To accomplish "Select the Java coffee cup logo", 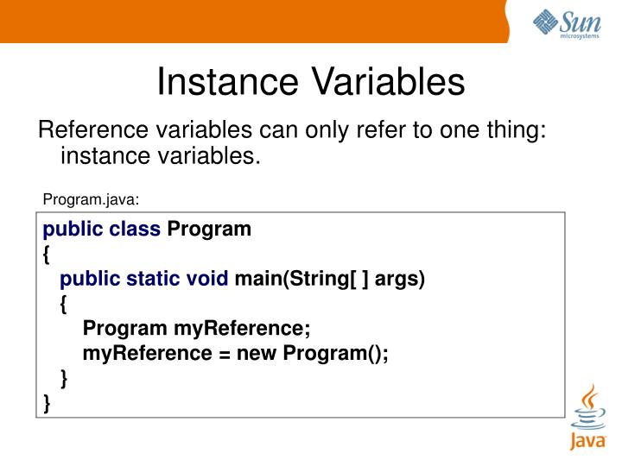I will (587, 418).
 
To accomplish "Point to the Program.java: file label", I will (91, 199).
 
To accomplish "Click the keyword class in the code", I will (135, 230).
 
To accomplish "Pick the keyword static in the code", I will (154, 279).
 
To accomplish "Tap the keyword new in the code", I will (257, 353).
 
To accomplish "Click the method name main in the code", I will (256, 279).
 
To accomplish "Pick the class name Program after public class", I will (208, 230).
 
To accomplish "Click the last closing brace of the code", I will (47, 402).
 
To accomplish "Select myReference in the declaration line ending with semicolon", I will (241, 329).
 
